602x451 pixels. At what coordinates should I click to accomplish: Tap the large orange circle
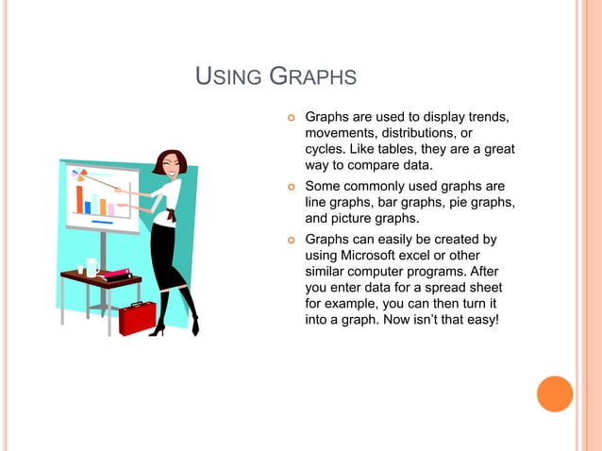555,393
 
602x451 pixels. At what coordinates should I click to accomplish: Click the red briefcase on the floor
137,318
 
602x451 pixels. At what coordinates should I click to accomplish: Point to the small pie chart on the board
79,174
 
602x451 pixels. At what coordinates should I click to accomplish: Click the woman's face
172,164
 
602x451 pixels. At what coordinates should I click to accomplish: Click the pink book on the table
115,273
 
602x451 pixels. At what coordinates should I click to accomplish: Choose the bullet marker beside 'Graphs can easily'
292,242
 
